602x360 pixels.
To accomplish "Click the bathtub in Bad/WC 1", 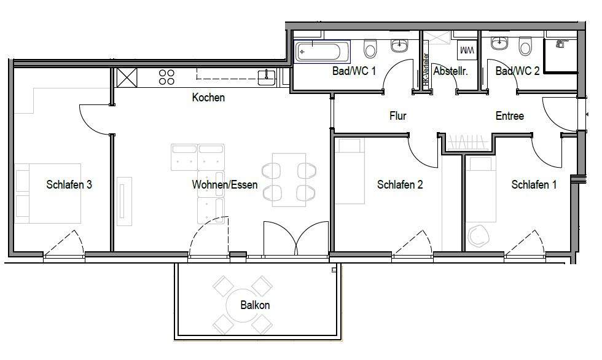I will tap(322, 51).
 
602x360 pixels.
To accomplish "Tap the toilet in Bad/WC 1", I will tap(370, 48).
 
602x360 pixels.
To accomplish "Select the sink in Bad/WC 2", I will tap(499, 44).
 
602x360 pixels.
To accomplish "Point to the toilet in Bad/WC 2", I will tap(525, 47).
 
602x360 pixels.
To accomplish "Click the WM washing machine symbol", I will tap(466, 49).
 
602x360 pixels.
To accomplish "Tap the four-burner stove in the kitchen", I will tap(167, 77).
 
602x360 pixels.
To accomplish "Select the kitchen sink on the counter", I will tap(266, 76).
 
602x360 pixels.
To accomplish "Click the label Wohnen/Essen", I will tap(224, 184).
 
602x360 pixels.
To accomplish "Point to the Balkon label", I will tap(255, 305).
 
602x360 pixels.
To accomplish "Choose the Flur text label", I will tap(397, 115).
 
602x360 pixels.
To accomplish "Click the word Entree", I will tap(509, 115).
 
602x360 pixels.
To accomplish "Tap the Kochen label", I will tap(208, 97).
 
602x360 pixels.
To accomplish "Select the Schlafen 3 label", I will tap(69, 184).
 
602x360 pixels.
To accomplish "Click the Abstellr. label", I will tap(450, 71).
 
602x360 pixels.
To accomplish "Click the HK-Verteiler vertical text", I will tap(424, 71).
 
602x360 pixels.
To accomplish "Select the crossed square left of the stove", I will tap(127, 77).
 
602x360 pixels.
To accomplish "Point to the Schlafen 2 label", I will tap(400, 184).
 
